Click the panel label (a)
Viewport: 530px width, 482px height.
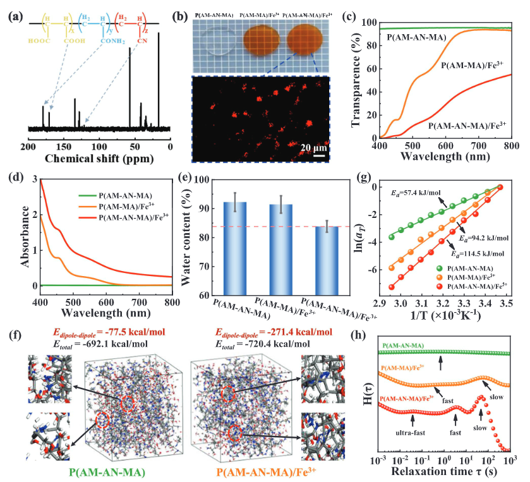[x=16, y=17]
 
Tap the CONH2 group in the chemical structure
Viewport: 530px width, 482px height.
[x=113, y=41]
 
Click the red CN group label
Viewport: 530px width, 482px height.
[x=142, y=41]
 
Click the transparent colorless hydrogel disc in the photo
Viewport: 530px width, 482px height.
[x=218, y=41]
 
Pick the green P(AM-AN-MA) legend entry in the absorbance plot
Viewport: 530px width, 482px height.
[x=115, y=195]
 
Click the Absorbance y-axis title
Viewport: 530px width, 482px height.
[x=25, y=237]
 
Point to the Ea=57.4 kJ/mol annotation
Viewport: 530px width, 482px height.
[x=416, y=193]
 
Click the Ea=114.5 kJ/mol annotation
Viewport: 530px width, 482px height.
[x=478, y=253]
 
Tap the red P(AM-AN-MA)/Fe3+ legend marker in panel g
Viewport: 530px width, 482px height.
[x=440, y=287]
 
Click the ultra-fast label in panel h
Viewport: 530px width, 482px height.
[x=411, y=432]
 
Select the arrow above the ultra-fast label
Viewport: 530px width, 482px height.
[x=413, y=421]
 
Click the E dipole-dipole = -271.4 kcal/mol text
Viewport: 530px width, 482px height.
[x=274, y=332]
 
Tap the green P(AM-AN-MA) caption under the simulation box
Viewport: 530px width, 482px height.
[x=107, y=472]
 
